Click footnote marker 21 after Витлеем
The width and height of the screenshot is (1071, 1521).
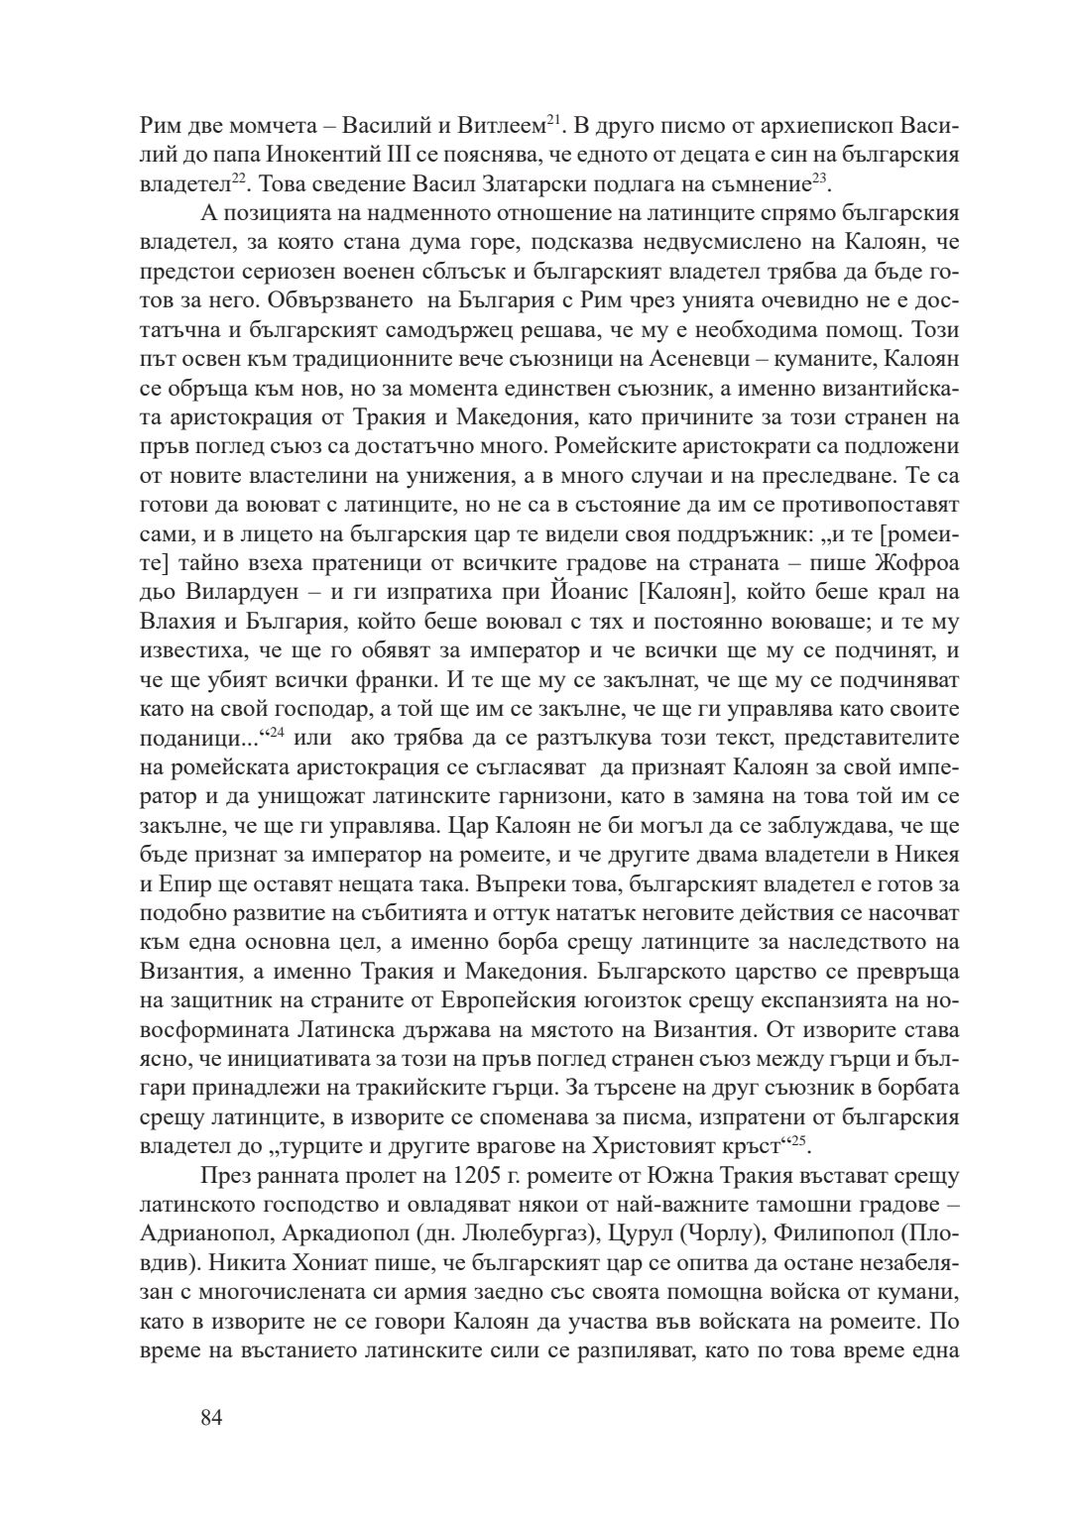tap(555, 122)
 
